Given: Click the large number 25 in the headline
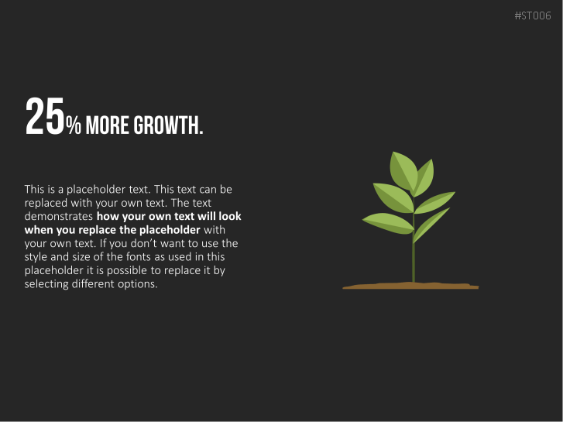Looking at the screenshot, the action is (45, 116).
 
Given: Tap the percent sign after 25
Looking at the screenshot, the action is (74, 125).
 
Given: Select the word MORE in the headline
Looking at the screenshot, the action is (107, 125).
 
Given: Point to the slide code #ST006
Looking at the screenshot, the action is (533, 15).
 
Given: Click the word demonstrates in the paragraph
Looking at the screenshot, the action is (59, 216).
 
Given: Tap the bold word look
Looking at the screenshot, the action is (230, 216).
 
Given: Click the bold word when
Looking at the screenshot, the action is (39, 230).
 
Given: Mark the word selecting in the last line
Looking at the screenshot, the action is (46, 284).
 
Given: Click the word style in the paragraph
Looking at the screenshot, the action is (36, 257).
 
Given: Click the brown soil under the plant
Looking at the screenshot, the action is (410, 286).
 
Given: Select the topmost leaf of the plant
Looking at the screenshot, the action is (403, 171).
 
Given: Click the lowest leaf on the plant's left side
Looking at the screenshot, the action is (389, 223).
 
